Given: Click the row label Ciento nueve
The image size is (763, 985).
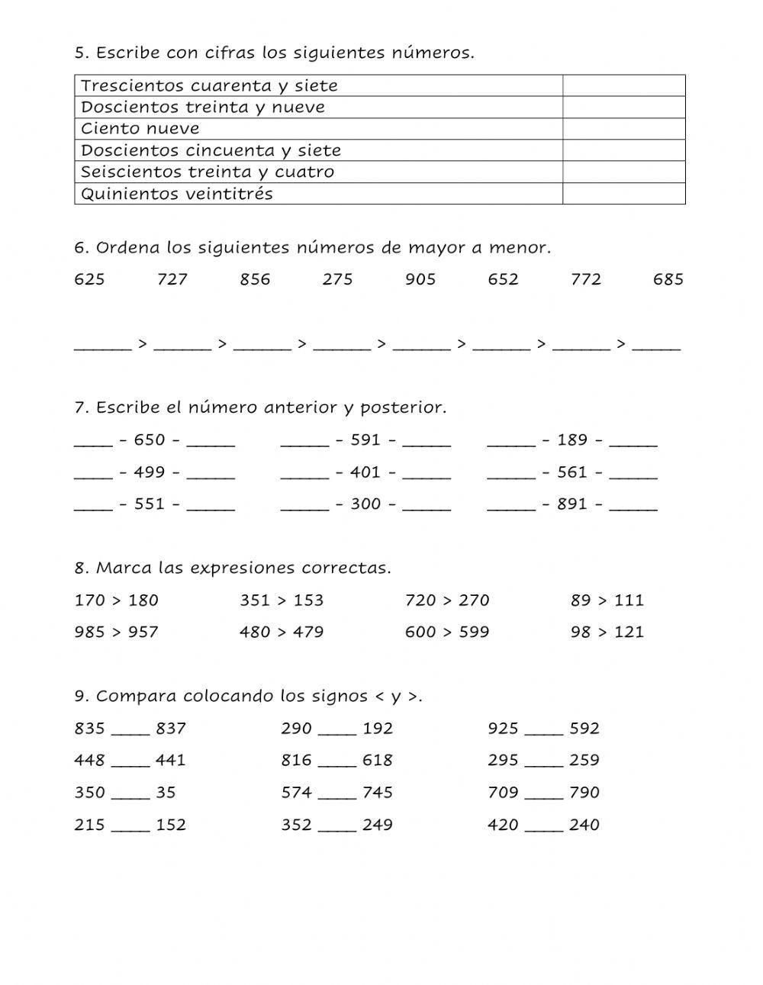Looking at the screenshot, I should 140,129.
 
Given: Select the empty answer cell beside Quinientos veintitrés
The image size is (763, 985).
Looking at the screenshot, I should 623,194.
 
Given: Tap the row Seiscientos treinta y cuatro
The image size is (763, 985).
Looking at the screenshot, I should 208,172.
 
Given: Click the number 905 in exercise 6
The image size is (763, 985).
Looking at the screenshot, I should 420,279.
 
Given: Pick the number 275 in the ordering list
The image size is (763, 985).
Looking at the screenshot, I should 337,279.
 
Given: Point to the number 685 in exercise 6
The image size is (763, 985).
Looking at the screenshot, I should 668,279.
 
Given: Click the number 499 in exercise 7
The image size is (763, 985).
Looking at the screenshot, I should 150,472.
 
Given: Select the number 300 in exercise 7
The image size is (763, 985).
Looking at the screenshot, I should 365,504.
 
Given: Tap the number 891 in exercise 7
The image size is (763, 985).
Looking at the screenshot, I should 572,504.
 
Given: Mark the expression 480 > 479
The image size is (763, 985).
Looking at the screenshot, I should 282,633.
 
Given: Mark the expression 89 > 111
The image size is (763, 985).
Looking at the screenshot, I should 607,600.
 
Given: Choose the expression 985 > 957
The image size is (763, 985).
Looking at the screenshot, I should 116,633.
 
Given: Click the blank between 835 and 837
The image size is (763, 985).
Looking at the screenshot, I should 130,731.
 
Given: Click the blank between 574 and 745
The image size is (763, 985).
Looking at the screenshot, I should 337,795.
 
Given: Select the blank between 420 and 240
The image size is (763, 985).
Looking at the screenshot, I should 544,827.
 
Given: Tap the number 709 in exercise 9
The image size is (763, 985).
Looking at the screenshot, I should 503,793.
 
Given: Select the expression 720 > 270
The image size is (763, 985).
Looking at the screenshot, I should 447,600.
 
